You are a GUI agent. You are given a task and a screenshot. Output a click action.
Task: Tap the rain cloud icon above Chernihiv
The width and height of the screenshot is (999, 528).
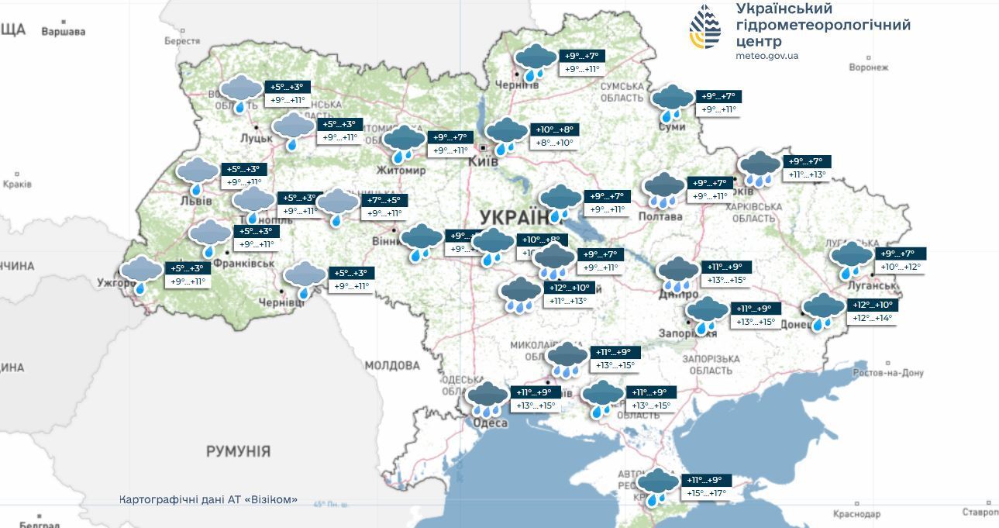(536, 61)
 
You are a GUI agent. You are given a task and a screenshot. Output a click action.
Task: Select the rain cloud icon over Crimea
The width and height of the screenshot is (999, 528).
(657, 485)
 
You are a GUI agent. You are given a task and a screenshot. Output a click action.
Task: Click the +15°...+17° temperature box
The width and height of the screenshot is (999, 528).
(706, 493)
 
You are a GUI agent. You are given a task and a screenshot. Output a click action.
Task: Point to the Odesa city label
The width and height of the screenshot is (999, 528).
(490, 423)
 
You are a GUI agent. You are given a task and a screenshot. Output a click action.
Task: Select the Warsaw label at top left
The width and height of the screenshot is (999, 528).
(63, 32)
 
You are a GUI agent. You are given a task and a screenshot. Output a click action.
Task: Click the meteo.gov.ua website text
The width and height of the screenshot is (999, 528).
(767, 56)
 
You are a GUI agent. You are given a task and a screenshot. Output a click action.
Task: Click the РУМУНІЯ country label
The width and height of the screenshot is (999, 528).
(238, 451)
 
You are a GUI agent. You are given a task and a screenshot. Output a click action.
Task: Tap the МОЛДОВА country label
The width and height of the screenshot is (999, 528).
(392, 365)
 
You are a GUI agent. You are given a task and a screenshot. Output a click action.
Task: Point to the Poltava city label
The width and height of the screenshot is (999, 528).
(661, 216)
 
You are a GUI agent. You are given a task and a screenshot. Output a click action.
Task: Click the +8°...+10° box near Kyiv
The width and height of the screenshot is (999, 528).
(554, 143)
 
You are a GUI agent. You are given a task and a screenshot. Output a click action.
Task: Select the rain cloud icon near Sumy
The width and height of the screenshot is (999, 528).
(672, 102)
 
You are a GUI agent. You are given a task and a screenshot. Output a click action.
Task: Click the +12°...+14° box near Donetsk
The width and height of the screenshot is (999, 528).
(873, 318)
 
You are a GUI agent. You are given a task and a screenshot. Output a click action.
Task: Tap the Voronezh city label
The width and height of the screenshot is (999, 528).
(868, 67)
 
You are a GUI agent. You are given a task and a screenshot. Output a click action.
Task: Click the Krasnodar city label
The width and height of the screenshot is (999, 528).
(857, 514)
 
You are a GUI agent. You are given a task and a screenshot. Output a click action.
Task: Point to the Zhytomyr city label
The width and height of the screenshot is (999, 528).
(401, 171)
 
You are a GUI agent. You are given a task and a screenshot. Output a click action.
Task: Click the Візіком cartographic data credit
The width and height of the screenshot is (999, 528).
(208, 500)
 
